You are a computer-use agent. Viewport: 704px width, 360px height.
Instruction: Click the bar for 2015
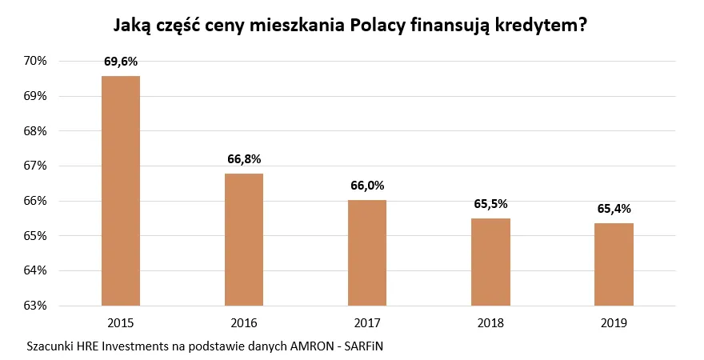tap(121, 190)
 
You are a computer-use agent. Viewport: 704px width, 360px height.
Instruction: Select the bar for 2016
tap(244, 239)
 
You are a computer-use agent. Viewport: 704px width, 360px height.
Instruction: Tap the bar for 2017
tap(367, 253)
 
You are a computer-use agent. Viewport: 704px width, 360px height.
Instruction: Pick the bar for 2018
tap(490, 262)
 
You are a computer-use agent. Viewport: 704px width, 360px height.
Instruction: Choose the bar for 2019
tap(614, 264)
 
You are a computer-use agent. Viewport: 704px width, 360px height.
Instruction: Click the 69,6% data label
tap(121, 61)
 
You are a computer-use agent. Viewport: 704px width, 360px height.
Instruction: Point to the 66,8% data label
tap(244, 158)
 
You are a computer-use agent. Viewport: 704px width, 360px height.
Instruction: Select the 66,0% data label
tap(367, 186)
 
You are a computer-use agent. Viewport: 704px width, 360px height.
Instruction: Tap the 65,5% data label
tap(490, 203)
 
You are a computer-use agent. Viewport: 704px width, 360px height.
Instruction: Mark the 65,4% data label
tap(614, 208)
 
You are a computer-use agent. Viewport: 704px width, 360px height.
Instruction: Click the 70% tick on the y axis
tap(37, 61)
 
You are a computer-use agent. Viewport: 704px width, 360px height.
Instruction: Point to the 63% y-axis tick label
tap(37, 306)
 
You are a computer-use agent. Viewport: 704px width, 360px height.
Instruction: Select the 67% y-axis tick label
tap(37, 166)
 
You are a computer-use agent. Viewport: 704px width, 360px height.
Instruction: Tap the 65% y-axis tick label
tap(37, 236)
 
